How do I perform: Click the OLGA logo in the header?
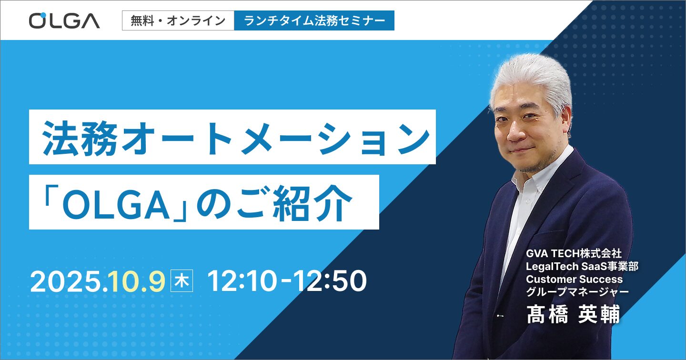point(64,20)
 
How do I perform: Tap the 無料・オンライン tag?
point(178,20)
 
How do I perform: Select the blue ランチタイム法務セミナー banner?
point(314,20)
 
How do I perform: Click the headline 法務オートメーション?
point(236,138)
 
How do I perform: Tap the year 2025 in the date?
point(66,281)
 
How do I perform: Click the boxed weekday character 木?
point(182,281)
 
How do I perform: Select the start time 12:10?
point(242,281)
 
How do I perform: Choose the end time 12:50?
point(332,281)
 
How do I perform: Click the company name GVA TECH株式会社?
point(574,253)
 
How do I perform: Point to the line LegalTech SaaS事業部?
point(582,266)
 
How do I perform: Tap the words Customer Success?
point(574,279)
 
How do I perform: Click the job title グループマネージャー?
point(577,292)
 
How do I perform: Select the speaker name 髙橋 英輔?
point(573,314)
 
